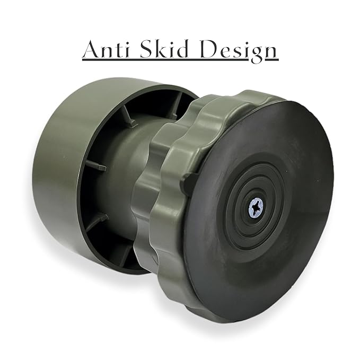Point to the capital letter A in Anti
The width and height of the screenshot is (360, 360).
pyautogui.click(x=92, y=49)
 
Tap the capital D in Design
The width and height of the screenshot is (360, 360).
pyautogui.click(x=210, y=49)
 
